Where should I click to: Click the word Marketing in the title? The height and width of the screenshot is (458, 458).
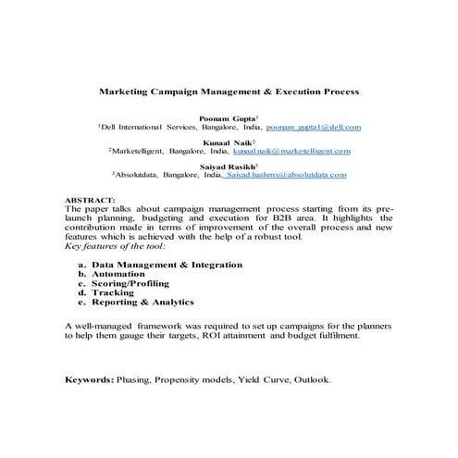tap(130, 93)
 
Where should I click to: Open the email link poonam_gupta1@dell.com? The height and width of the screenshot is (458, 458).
tap(313, 126)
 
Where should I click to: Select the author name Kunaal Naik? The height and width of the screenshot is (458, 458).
tap(229, 142)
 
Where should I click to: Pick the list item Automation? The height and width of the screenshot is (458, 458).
tap(118, 274)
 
